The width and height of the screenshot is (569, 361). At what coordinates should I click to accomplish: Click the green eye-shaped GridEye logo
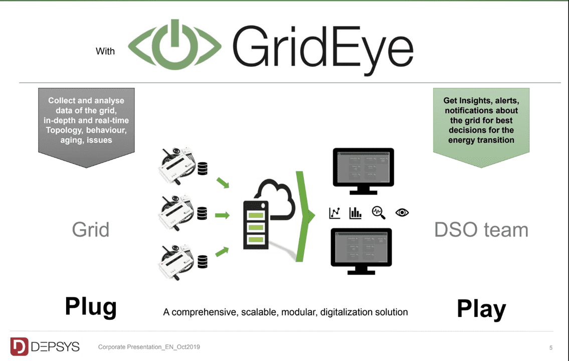175,46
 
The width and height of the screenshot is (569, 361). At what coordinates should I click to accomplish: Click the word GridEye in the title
323,48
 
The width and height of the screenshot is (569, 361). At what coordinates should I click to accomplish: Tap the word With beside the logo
105,51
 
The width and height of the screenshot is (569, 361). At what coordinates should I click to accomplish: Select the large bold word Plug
91,306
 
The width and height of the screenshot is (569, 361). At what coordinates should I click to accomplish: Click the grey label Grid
91,230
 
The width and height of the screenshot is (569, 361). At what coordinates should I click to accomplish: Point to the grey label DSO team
481,230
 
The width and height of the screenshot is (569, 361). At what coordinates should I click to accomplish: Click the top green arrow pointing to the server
223,183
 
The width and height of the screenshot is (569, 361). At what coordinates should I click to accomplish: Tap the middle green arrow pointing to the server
222,216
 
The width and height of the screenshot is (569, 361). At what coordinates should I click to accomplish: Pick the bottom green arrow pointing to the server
223,250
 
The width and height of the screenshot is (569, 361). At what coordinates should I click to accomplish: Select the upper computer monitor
363,170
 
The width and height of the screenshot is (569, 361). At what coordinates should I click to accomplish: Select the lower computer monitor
361,250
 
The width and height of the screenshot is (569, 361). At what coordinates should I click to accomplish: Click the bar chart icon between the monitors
355,213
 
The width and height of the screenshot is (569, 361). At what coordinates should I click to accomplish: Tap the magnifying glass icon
378,213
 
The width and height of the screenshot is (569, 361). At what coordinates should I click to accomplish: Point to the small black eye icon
402,213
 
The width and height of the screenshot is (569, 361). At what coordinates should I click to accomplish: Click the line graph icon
334,213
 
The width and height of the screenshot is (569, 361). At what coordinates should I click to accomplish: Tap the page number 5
551,347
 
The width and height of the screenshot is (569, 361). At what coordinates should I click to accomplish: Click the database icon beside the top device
203,169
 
